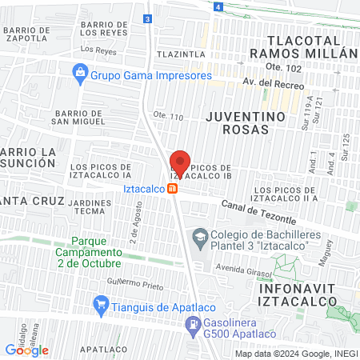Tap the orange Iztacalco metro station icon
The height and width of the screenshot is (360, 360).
pos(172,189)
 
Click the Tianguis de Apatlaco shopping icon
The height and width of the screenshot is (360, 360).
pos(101,304)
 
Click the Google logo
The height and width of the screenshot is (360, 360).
pos(27,350)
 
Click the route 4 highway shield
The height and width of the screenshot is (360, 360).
pos(218,6)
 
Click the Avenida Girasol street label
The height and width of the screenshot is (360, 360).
pos(242,269)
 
